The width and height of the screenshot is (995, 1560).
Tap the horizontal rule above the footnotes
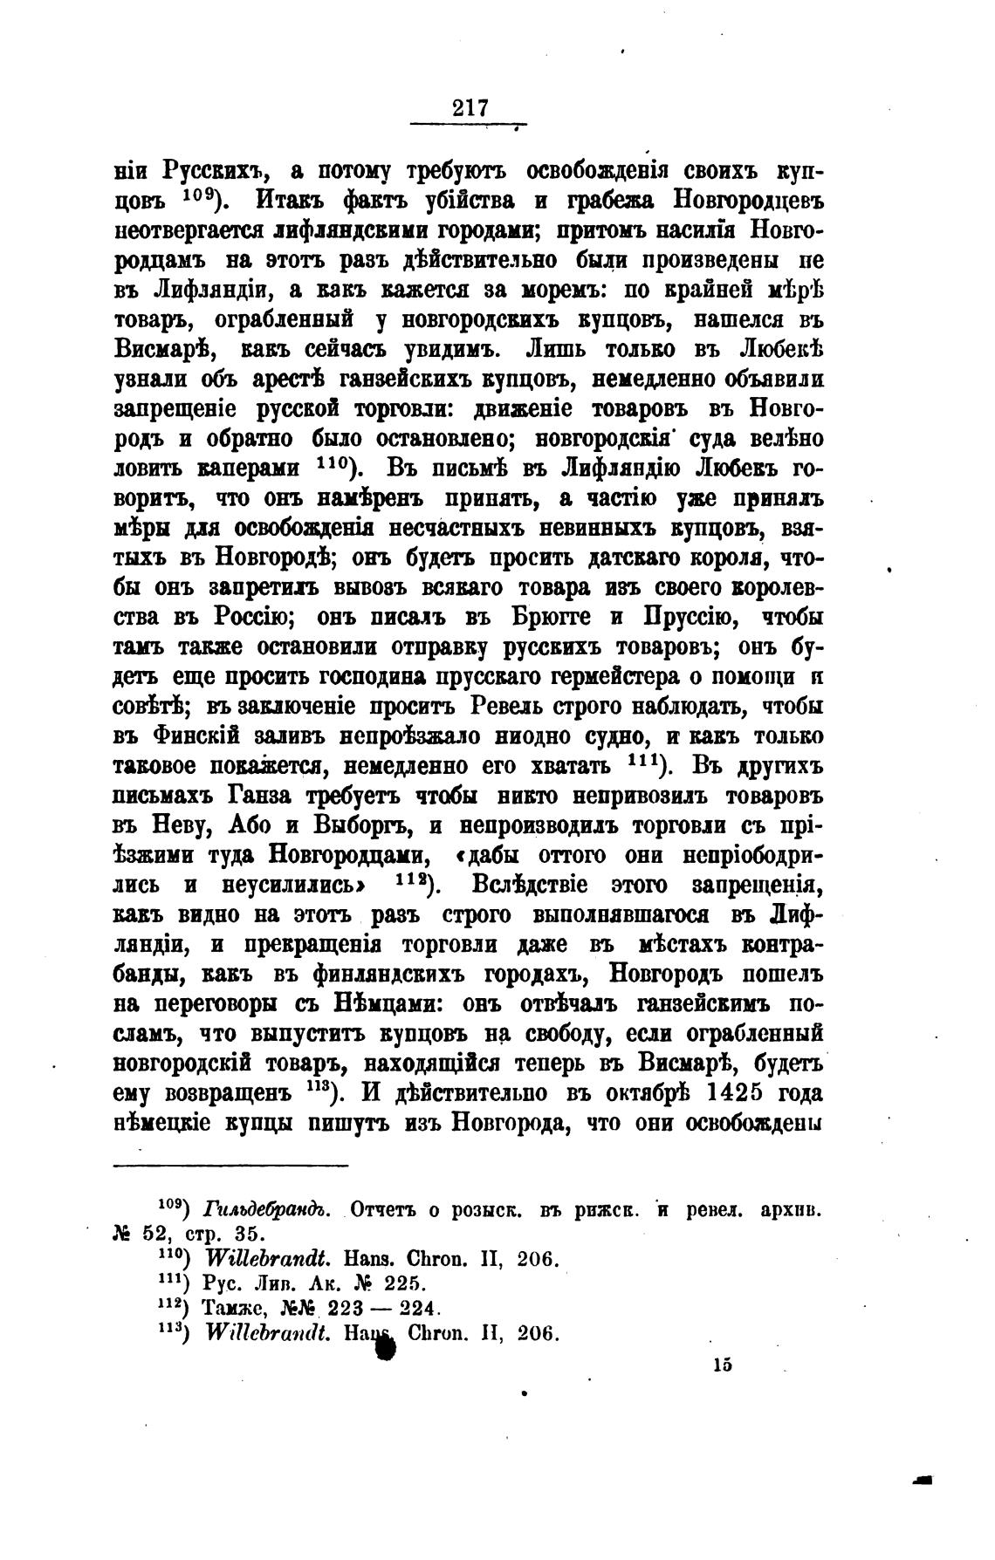[x=230, y=1166]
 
